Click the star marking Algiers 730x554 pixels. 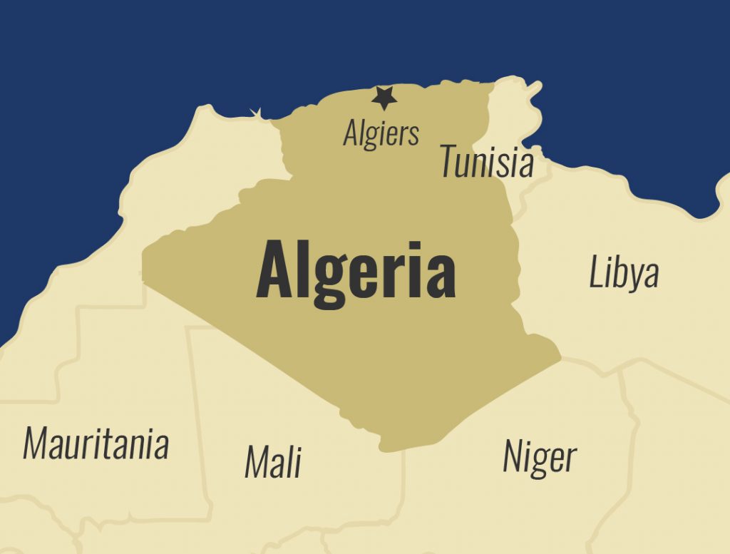pos(384,98)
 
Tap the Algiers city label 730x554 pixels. pos(381,133)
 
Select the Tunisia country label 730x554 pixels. pos(486,161)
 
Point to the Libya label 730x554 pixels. pos(624,273)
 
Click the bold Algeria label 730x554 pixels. pos(356,271)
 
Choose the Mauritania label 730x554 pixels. pos(96,443)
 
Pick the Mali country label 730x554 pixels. pos(273,461)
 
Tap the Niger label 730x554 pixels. pos(540,456)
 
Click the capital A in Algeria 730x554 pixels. pos(274,271)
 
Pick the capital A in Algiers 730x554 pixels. pos(350,133)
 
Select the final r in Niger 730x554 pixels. pos(570,460)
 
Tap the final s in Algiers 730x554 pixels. pos(413,135)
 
